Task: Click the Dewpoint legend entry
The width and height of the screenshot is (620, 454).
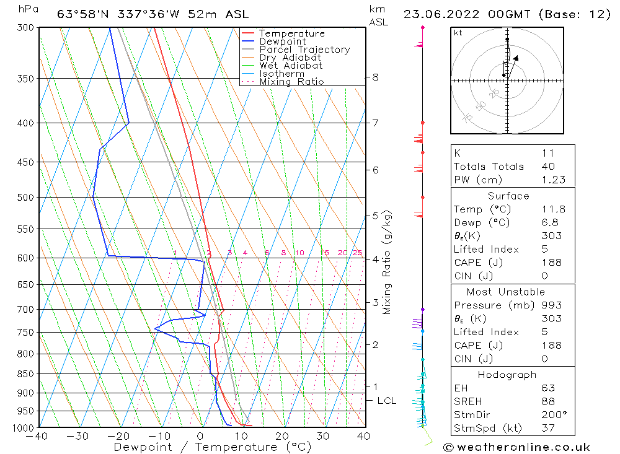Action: [x=282, y=41]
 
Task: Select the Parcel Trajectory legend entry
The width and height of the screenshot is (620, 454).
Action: [x=304, y=50]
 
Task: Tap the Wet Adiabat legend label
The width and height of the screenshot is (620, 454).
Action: [x=291, y=66]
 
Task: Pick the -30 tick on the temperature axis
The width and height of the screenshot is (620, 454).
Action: [x=78, y=437]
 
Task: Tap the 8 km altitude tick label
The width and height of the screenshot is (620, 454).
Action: [x=375, y=77]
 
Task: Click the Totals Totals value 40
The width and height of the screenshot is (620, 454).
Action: [x=547, y=166]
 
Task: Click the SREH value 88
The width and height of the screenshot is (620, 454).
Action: [x=547, y=401]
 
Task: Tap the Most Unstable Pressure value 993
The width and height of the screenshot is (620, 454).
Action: [x=551, y=305]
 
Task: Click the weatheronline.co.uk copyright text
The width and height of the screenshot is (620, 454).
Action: [x=516, y=447]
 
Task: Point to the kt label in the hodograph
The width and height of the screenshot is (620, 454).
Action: [x=458, y=33]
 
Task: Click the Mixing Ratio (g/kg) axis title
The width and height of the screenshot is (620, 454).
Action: [x=387, y=263]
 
